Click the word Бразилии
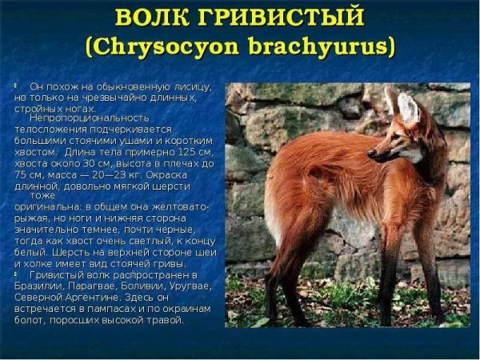point(38,286)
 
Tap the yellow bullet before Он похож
point(16,84)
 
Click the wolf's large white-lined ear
point(407,109)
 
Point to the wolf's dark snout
point(373,152)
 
